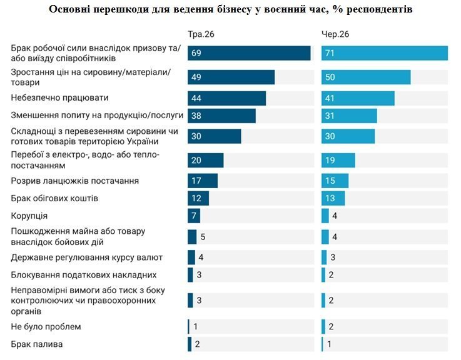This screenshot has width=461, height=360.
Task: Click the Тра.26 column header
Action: point(201,34)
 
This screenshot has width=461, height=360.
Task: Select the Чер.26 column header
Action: point(335,34)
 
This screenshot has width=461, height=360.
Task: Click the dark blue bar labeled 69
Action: point(249,53)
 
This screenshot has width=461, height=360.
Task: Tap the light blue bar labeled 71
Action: point(385,53)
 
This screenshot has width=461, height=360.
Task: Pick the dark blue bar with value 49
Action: point(231,77)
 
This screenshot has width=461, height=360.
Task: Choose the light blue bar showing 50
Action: point(366,77)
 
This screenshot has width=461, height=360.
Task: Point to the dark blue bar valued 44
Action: point(226,98)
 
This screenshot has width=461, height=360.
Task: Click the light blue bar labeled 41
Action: point(358,98)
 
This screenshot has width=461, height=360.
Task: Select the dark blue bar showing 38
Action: point(221,116)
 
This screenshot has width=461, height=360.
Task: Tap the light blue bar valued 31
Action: point(349,116)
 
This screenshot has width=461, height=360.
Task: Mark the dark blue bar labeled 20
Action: point(206,160)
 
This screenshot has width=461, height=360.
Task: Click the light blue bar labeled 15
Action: point(335,181)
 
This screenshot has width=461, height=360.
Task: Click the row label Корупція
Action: point(29,216)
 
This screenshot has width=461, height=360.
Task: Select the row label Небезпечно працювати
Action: point(59,97)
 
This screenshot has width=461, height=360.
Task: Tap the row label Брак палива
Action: point(37,344)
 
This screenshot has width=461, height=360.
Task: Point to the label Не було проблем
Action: point(46,326)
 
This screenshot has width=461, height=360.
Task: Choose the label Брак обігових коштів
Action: point(54,198)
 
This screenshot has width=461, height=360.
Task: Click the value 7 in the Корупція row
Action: point(194,216)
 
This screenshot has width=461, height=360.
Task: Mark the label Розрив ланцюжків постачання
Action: point(74,181)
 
